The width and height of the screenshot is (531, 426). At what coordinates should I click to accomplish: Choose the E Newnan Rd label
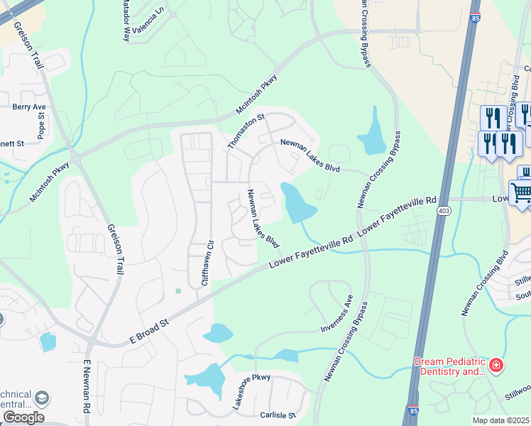coord(87,387)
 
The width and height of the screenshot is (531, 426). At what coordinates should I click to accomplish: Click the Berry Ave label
coord(28,107)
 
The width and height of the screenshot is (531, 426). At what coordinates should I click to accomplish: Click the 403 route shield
coord(444,211)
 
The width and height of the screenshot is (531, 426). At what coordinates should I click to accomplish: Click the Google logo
coord(23,417)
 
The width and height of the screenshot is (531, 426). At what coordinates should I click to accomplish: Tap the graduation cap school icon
coord(42,398)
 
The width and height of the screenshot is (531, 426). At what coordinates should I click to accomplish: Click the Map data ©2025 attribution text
coord(500,420)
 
